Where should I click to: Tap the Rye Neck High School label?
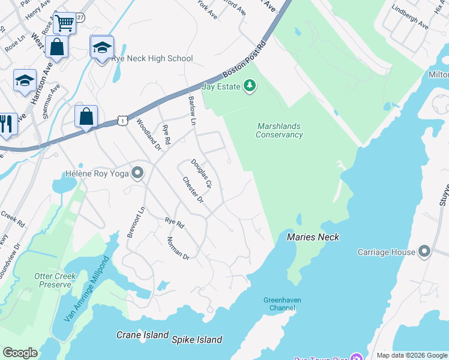pos(152,58)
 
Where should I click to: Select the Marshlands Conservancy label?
pos(279,130)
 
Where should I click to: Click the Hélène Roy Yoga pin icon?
pos(137,174)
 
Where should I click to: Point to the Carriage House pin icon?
pos(425,252)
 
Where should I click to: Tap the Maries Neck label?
pos(313,237)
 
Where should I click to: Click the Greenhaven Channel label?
pos(282,304)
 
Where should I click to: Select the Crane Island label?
pos(142,335)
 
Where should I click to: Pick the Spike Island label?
pos(197,340)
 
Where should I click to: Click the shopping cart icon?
pos(64,23)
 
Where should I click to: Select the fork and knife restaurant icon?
pos(7,124)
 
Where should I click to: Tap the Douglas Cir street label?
pos(201,174)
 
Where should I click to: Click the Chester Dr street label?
pos(193,190)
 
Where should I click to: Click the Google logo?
pos(20,353)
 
